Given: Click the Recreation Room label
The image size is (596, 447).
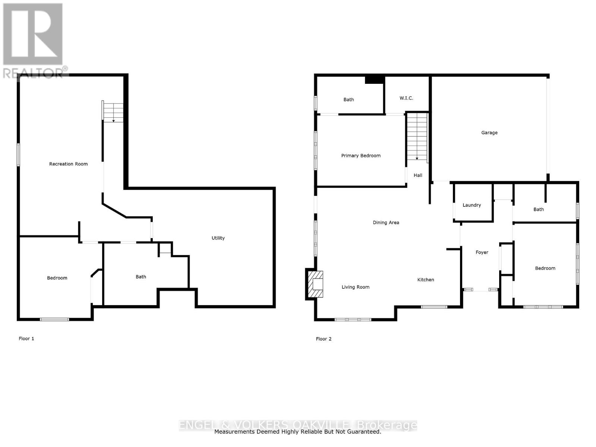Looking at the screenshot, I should (69, 164).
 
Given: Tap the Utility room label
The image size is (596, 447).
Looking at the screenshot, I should (218, 238).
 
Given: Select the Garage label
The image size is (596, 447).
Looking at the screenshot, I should (489, 133).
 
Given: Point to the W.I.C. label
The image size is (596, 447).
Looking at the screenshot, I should (406, 98).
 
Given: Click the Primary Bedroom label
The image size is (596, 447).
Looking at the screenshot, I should (361, 156).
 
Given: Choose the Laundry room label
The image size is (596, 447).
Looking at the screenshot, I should (472, 205).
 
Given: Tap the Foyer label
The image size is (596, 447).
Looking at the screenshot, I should (482, 252).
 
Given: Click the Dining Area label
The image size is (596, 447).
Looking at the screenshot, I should (386, 222).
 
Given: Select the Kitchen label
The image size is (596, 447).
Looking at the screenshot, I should (425, 280).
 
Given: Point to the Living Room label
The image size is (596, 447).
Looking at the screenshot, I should (355, 287).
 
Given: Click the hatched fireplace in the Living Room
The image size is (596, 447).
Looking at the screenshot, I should (315, 284).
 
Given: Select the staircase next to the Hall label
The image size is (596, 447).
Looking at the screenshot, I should (417, 136).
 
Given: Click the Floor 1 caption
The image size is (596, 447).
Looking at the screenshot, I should (26, 339).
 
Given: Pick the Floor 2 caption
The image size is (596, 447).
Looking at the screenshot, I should (323, 339).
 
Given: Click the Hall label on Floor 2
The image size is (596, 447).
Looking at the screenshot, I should (418, 175).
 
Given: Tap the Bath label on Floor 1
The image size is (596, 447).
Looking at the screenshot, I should (141, 277).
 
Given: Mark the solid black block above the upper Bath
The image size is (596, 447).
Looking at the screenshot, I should (374, 80).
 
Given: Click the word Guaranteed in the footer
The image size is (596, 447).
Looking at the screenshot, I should (364, 432).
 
